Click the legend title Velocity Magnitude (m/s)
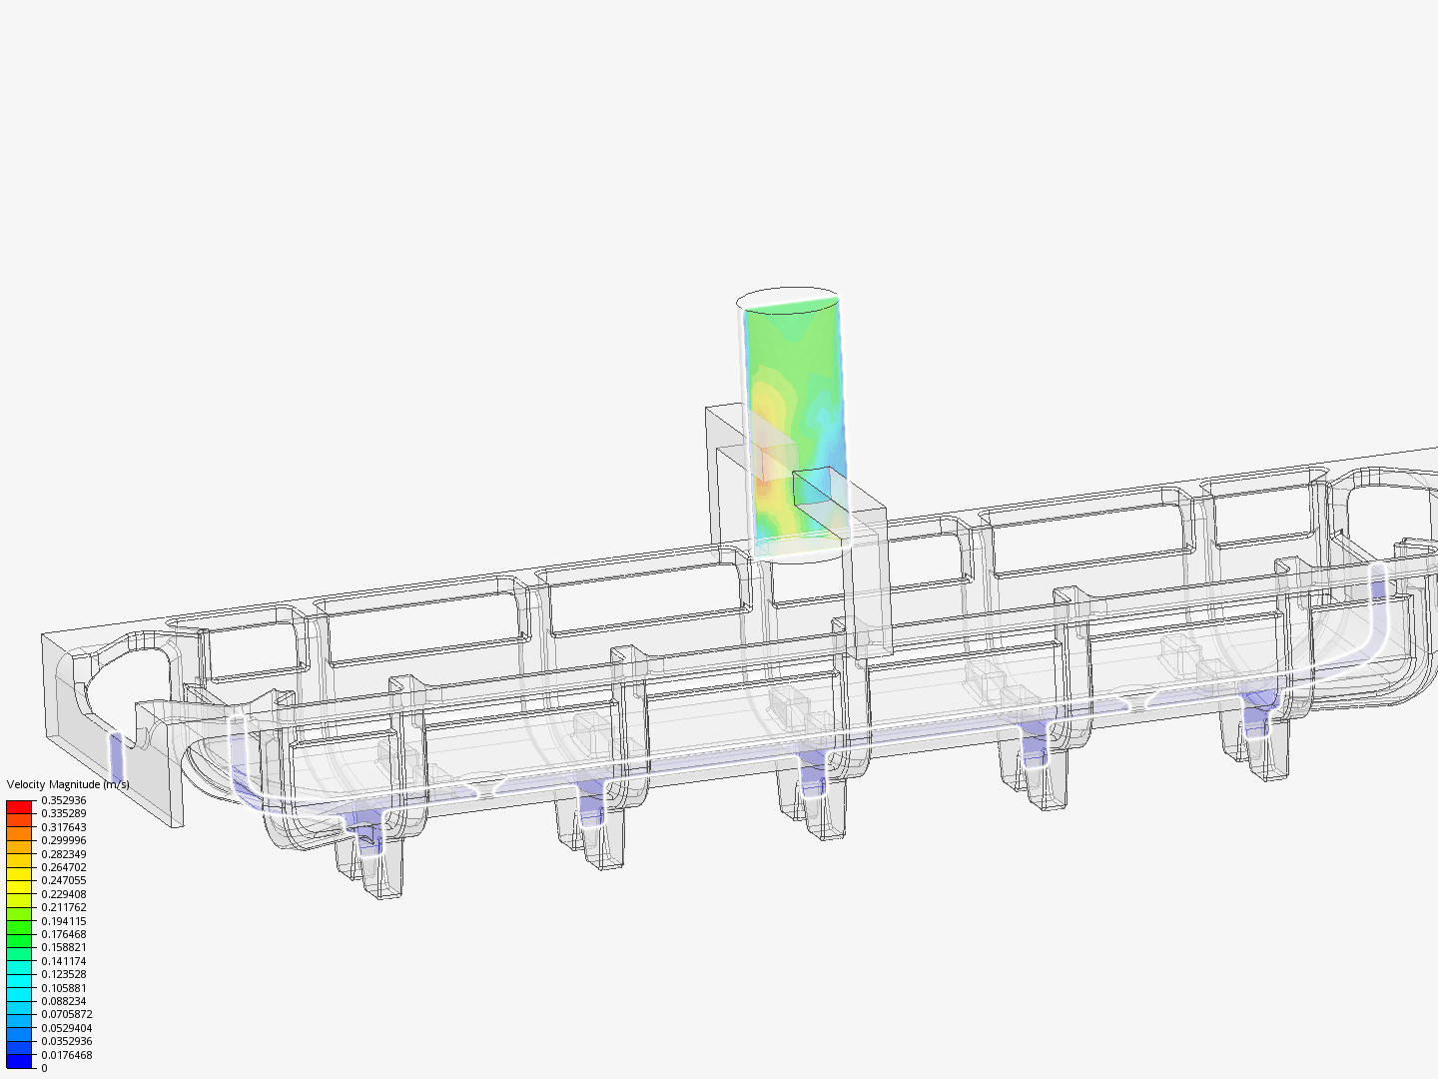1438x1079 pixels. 67,784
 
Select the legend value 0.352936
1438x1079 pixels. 63,800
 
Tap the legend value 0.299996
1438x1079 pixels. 63,840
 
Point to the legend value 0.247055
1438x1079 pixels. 63,880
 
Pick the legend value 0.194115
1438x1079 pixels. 63,921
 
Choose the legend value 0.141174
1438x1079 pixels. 63,961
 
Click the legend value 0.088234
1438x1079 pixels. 63,1001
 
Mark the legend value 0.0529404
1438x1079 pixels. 66,1028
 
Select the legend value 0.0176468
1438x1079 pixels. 66,1055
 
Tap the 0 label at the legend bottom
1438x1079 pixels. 44,1068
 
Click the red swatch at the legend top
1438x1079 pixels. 19,806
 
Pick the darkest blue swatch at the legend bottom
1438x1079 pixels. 19,1061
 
